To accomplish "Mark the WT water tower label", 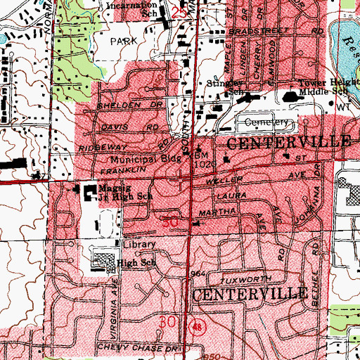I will click(343, 107).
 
